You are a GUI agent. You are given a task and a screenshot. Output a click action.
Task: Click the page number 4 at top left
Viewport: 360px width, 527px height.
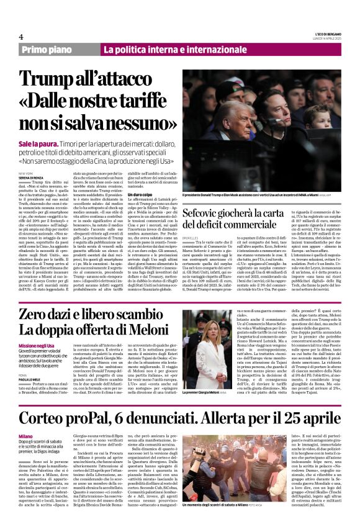pos(21,37)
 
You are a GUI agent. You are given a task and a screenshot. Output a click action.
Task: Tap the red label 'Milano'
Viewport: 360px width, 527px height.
pos(25,436)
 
